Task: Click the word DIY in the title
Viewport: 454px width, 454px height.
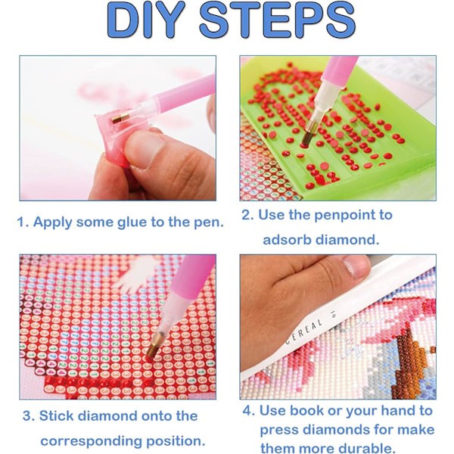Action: (146, 20)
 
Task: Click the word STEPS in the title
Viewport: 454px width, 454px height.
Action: (278, 20)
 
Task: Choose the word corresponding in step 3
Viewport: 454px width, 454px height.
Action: (92, 442)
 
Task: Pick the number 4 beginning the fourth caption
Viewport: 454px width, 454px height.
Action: (248, 411)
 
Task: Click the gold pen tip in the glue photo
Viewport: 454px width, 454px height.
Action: (120, 118)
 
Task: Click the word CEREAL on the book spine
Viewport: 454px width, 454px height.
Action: (304, 331)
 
